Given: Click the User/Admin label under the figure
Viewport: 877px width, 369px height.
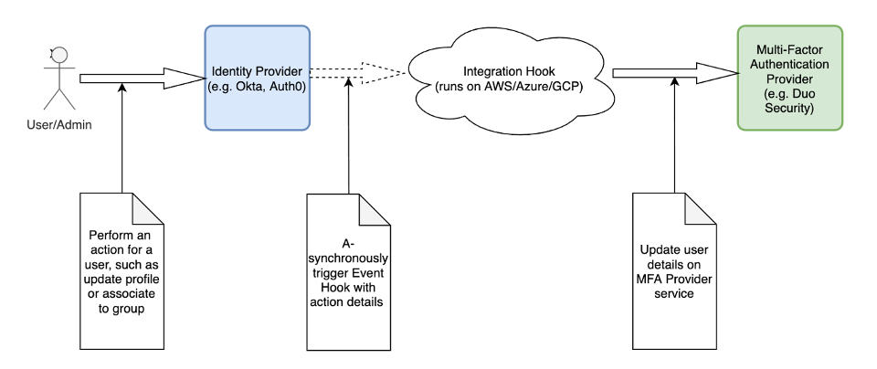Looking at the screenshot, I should point(58,124).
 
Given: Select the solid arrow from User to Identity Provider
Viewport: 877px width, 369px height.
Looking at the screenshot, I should point(137,78).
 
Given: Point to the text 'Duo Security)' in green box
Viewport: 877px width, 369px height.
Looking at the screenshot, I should point(789,108).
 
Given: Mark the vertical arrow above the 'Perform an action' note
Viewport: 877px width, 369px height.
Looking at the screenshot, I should point(122,137).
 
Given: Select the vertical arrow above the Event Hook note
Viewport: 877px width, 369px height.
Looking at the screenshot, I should point(349,137).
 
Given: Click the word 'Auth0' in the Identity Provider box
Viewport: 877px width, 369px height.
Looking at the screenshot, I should point(287,86).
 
